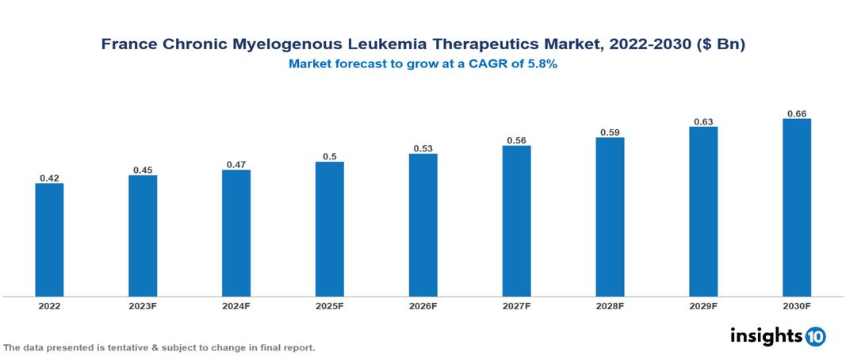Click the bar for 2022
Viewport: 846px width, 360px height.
pyautogui.click(x=49, y=240)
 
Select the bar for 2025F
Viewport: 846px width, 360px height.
pyautogui.click(x=329, y=229)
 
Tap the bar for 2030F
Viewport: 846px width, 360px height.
pyautogui.click(x=796, y=208)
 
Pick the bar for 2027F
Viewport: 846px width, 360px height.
pyautogui.click(x=516, y=221)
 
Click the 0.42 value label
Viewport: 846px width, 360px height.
pyautogui.click(x=49, y=178)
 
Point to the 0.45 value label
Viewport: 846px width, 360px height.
pyautogui.click(x=143, y=169)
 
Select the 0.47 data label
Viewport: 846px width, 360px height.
pyautogui.click(x=236, y=164)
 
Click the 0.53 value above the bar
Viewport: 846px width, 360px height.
pyautogui.click(x=423, y=148)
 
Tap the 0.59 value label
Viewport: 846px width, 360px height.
pyautogui.click(x=610, y=132)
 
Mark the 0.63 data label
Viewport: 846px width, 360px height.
pyautogui.click(x=702, y=121)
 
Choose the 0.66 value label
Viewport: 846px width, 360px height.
pyautogui.click(x=796, y=113)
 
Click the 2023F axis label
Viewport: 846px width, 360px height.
pyautogui.click(x=143, y=305)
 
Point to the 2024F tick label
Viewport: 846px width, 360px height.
pyautogui.click(x=236, y=305)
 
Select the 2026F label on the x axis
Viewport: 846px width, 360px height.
pyautogui.click(x=423, y=305)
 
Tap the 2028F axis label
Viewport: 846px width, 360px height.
pyautogui.click(x=610, y=305)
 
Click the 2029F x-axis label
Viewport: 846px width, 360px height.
pyautogui.click(x=702, y=305)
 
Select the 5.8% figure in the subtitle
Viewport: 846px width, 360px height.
pyautogui.click(x=541, y=64)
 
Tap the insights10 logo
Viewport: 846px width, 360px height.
pyautogui.click(x=777, y=335)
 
